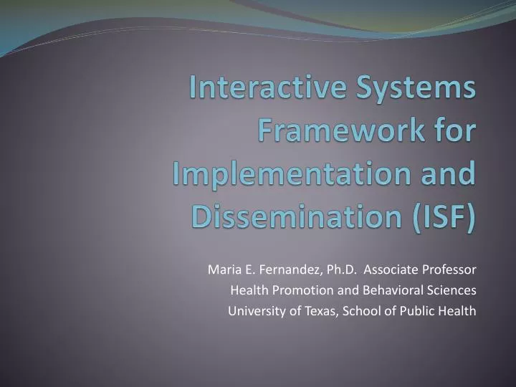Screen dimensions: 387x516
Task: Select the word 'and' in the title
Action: tap(449, 174)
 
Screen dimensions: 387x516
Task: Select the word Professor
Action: tap(451, 270)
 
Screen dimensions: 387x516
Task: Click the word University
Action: tap(253, 312)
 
